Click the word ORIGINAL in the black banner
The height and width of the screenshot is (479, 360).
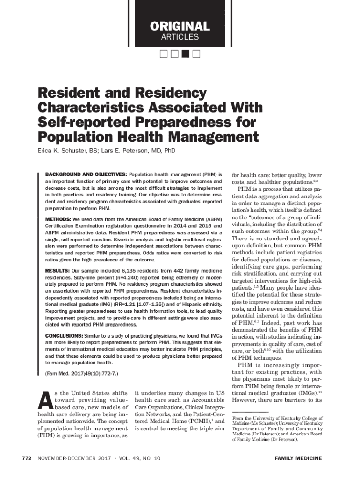pos(180,26)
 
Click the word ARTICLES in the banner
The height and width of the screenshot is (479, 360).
pos(180,37)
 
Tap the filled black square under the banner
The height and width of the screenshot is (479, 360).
pos(185,53)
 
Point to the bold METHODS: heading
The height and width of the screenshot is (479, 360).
pos(58,219)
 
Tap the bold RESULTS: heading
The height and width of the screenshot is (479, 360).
pos(57,271)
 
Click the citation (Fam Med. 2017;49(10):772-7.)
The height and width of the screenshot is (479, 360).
pos(82,374)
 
